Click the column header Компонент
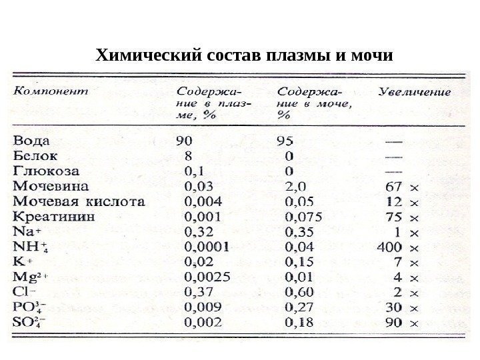coord(51,91)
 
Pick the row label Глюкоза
coord(42,170)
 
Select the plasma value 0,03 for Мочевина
coord(198,185)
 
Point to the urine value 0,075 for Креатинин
coord(303,216)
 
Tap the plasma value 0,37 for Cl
coord(198,291)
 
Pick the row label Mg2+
coord(30,276)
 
